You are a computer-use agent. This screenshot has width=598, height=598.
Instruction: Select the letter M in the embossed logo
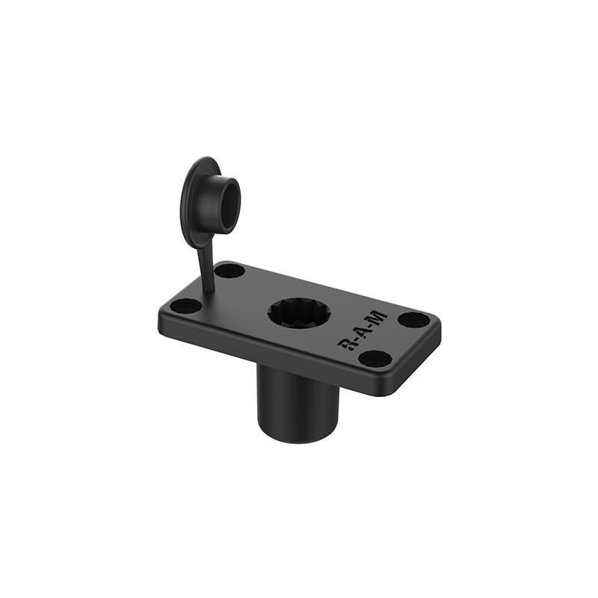[x=379, y=317]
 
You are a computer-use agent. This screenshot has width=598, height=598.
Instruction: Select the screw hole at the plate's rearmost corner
[x=229, y=271]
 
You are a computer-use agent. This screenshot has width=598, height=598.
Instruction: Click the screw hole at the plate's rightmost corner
[x=414, y=319]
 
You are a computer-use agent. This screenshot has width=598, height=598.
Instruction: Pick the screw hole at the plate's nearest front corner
[x=375, y=358]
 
